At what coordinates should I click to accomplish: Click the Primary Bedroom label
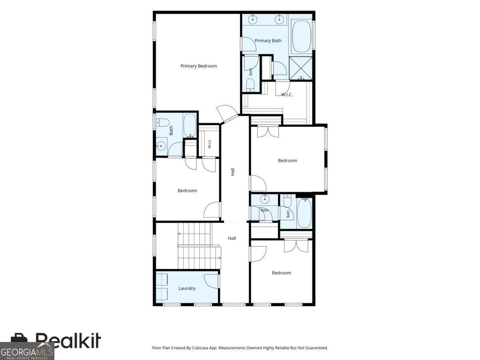point(198,66)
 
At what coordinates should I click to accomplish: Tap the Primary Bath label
point(268,41)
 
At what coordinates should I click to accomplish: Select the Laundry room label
point(187,288)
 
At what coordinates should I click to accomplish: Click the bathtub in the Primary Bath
point(302,36)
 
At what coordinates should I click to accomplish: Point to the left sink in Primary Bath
point(253,20)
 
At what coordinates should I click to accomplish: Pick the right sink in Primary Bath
point(279,20)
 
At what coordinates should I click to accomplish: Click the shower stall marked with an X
point(300,68)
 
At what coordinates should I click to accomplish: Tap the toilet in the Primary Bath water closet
point(250,85)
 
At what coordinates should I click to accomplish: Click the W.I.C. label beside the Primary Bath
point(287,95)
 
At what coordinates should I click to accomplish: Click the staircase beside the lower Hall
point(199,246)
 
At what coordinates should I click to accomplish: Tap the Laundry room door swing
point(212,281)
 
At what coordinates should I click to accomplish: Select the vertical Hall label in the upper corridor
point(233,172)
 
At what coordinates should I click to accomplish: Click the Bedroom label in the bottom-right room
point(282,273)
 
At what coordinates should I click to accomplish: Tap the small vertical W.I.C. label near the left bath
point(210,144)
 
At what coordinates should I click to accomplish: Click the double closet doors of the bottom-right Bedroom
point(296,246)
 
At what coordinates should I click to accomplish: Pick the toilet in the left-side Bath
point(163,122)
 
